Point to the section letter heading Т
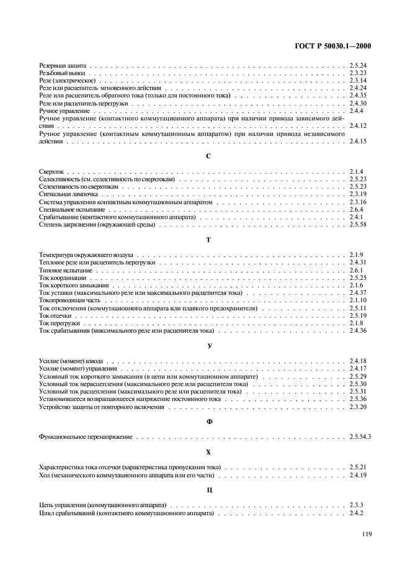(208, 239)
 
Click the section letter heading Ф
(208, 422)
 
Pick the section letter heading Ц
(208, 490)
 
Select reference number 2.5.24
(359, 65)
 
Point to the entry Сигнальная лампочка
(69, 194)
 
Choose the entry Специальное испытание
(71, 210)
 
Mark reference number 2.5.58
(359, 226)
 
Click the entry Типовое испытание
(65, 271)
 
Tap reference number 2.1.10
(358, 300)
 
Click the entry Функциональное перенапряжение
(86, 438)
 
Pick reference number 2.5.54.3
(360, 438)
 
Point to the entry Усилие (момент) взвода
(71, 361)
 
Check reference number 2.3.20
(359, 407)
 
